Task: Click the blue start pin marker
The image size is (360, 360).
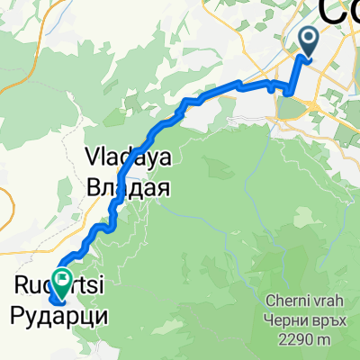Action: [x=309, y=42]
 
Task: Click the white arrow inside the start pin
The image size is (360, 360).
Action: [x=309, y=38]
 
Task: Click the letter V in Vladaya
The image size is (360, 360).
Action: [x=93, y=156]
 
